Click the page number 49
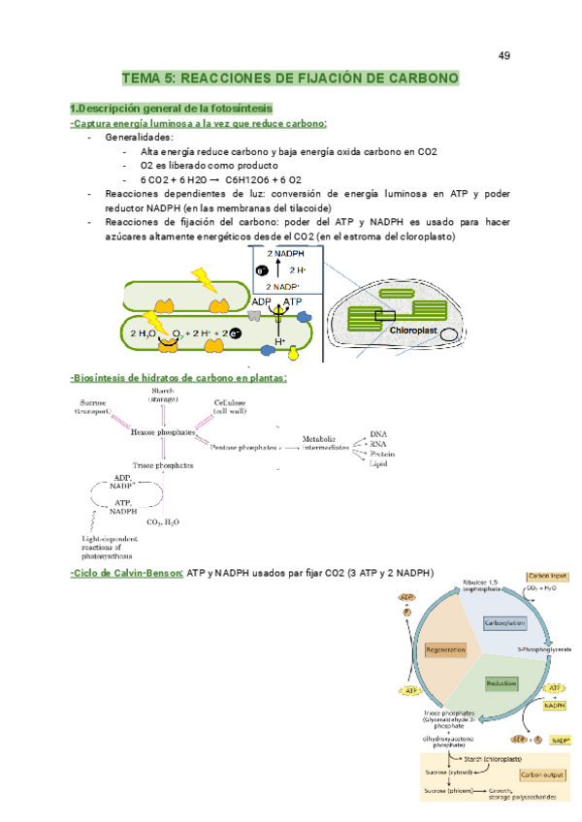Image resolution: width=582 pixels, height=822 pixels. tap(504, 55)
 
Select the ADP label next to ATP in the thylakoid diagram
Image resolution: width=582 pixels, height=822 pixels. tap(261, 302)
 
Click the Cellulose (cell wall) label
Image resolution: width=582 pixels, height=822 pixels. tap(231, 408)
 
